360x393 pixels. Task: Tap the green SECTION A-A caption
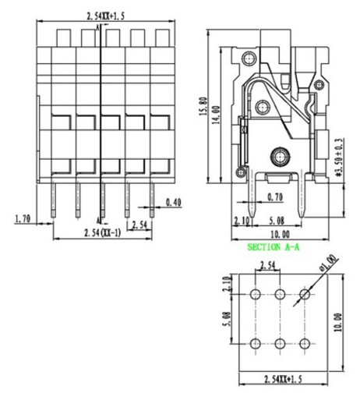pos(274,246)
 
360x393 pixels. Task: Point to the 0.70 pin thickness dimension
pos(274,197)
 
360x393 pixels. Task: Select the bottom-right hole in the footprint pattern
pos(305,344)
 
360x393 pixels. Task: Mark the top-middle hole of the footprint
pos(281,294)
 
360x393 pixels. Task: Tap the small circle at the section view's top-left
pos(249,58)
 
